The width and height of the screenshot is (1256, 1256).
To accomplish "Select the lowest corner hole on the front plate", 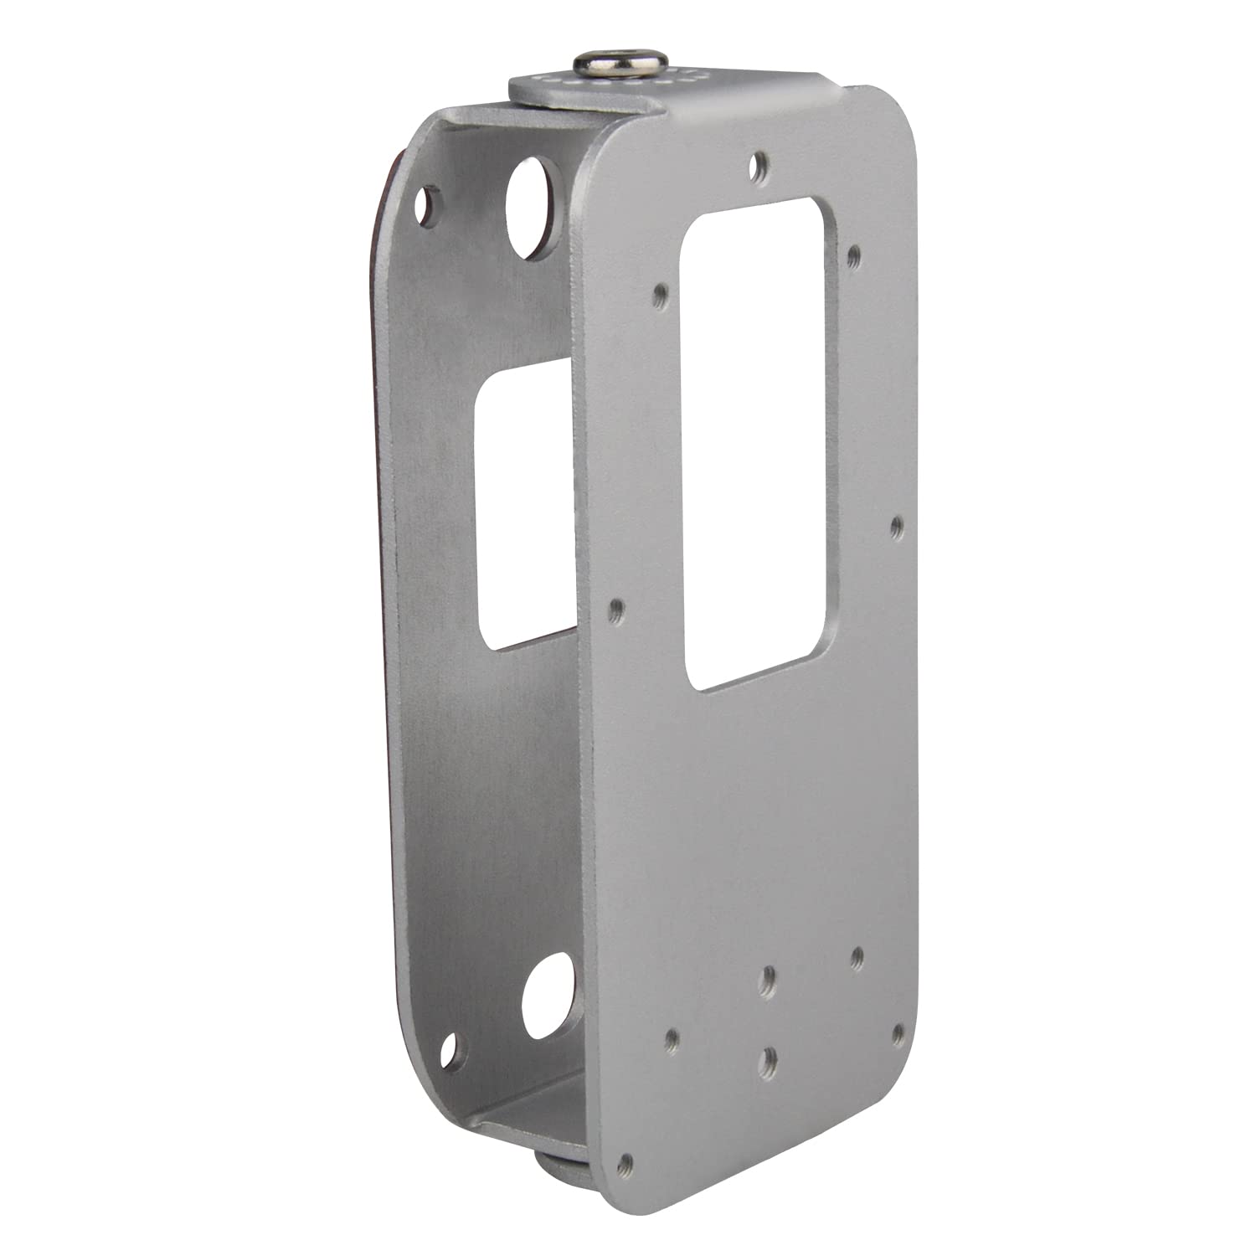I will (624, 1163).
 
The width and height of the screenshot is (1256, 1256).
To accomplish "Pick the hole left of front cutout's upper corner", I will (661, 294).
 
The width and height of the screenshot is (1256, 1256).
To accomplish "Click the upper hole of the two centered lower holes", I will (769, 976).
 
